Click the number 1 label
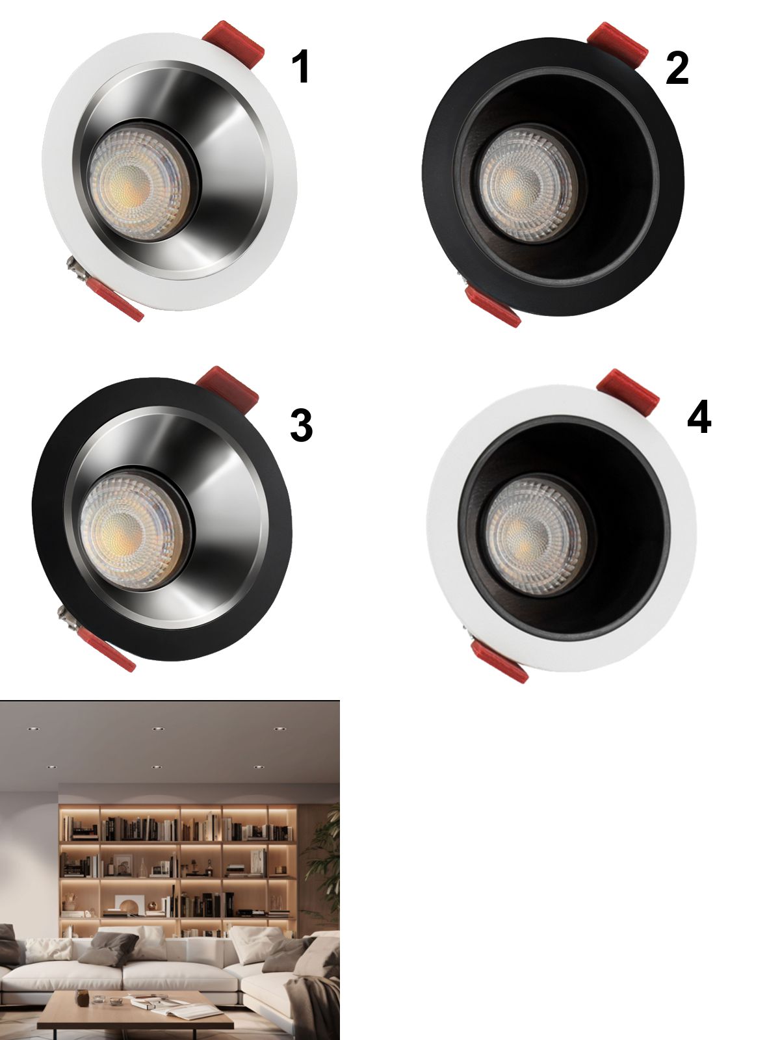pyautogui.click(x=301, y=66)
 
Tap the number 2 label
pyautogui.click(x=677, y=69)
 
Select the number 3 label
pyautogui.click(x=301, y=425)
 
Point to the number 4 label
pyautogui.click(x=699, y=416)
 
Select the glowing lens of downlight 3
pyautogui.click(x=131, y=530)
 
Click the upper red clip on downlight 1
pyautogui.click(x=233, y=44)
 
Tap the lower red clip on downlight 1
pyautogui.click(x=114, y=300)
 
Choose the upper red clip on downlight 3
pyautogui.click(x=227, y=389)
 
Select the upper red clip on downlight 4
pyautogui.click(x=628, y=393)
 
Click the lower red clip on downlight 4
pyautogui.click(x=499, y=662)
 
